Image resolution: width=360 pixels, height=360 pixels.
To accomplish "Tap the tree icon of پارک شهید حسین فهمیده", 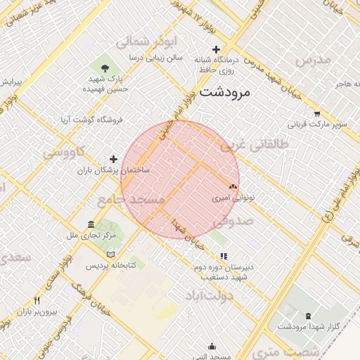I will pos(105,67).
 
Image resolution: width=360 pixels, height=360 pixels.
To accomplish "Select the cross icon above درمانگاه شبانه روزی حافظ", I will pos(217,49).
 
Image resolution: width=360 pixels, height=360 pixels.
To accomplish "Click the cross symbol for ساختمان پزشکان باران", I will pos(113,160).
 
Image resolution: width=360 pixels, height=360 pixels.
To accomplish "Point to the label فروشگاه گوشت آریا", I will pos(92,120).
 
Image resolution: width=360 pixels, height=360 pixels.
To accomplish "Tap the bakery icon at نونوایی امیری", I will pos(233,187).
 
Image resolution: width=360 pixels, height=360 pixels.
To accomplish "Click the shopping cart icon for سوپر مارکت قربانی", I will pos(317,114).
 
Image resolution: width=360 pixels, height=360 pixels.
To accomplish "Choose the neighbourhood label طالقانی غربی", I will pos(255,145).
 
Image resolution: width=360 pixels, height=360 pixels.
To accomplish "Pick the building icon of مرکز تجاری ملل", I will pos(91,224).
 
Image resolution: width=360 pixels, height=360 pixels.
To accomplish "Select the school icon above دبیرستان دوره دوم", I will pos(223,257).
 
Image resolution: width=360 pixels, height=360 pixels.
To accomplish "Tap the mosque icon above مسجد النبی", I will pos(212,347).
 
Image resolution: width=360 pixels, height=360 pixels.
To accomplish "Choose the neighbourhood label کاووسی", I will pos(64,151).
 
